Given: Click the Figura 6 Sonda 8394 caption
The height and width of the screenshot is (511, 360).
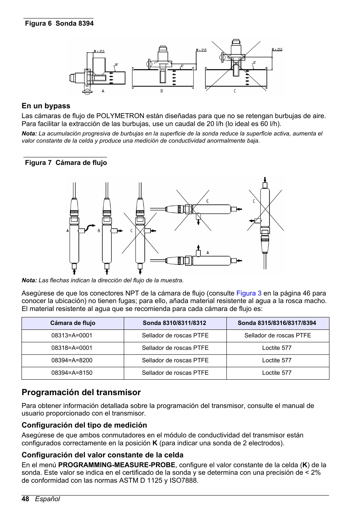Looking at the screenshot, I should [59, 23].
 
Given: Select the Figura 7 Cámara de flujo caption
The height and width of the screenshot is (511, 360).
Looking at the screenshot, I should [66, 163].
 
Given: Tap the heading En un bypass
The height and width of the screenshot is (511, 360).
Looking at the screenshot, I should [46, 106].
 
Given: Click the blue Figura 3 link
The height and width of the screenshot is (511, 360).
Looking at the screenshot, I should [249, 293].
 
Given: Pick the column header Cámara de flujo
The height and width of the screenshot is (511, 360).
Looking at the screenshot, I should [73, 323].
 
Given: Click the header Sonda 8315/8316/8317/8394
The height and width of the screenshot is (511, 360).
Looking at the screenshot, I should [277, 323].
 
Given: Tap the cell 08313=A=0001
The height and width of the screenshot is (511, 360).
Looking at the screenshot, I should [72, 336].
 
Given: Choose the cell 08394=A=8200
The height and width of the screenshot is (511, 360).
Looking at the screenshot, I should [72, 360].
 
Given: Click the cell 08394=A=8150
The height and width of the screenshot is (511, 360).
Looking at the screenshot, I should [72, 373].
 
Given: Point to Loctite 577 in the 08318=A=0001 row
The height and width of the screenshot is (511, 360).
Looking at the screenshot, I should [277, 348].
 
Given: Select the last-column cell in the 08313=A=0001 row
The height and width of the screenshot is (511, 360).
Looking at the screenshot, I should [277, 336].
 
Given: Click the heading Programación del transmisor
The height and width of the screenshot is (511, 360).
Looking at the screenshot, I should [81, 392].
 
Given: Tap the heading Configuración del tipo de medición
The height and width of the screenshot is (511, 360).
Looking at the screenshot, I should [84, 425].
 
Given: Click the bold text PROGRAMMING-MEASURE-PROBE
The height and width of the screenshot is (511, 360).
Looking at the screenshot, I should [117, 465].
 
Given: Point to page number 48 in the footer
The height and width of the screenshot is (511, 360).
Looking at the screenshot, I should [25, 499].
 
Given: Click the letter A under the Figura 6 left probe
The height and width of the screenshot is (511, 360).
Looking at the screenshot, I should [103, 91].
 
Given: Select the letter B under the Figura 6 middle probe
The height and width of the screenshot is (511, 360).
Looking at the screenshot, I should [162, 91].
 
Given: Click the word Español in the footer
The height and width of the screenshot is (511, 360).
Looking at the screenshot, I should [48, 499].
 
